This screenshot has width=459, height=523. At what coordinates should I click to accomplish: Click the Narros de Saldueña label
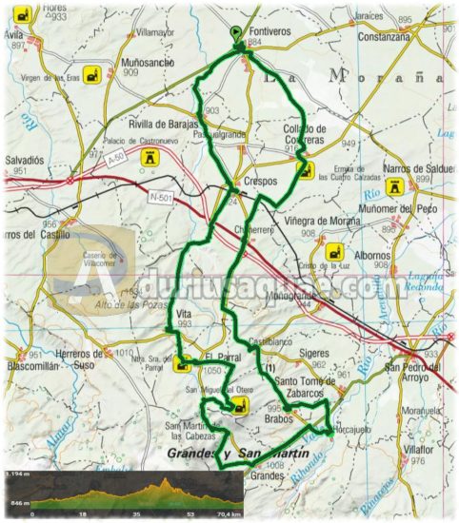click(x=415, y=168)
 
